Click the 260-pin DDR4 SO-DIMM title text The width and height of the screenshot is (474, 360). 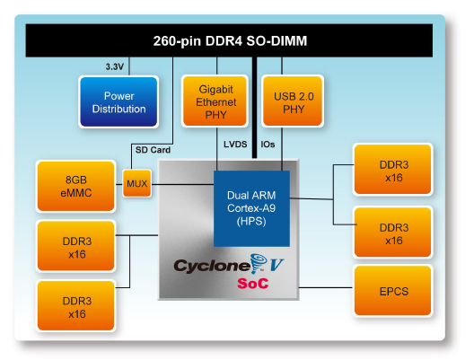click(230, 40)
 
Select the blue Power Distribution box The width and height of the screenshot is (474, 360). click(118, 101)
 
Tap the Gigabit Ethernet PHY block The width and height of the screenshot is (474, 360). click(215, 101)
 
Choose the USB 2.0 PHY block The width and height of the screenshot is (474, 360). click(293, 101)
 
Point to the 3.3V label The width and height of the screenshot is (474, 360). click(115, 66)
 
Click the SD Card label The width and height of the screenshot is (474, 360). click(153, 150)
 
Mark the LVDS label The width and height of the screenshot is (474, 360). click(235, 145)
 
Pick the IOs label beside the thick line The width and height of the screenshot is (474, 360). click(268, 145)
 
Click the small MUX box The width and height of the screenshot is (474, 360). click(137, 183)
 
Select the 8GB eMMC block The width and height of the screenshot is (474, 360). click(76, 186)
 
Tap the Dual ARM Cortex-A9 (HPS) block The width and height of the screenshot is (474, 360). click(251, 208)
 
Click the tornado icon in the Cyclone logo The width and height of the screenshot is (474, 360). click(259, 262)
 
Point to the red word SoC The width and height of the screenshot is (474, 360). click(253, 283)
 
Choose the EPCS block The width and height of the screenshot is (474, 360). click(393, 291)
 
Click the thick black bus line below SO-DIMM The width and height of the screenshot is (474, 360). click(255, 108)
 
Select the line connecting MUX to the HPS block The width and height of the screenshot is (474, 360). click(182, 184)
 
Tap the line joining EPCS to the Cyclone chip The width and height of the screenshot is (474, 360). click(326, 287)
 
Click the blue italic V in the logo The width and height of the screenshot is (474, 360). click(276, 265)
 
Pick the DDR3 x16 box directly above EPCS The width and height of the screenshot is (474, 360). click(393, 233)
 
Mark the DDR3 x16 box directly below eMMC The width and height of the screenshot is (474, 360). click(76, 246)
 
